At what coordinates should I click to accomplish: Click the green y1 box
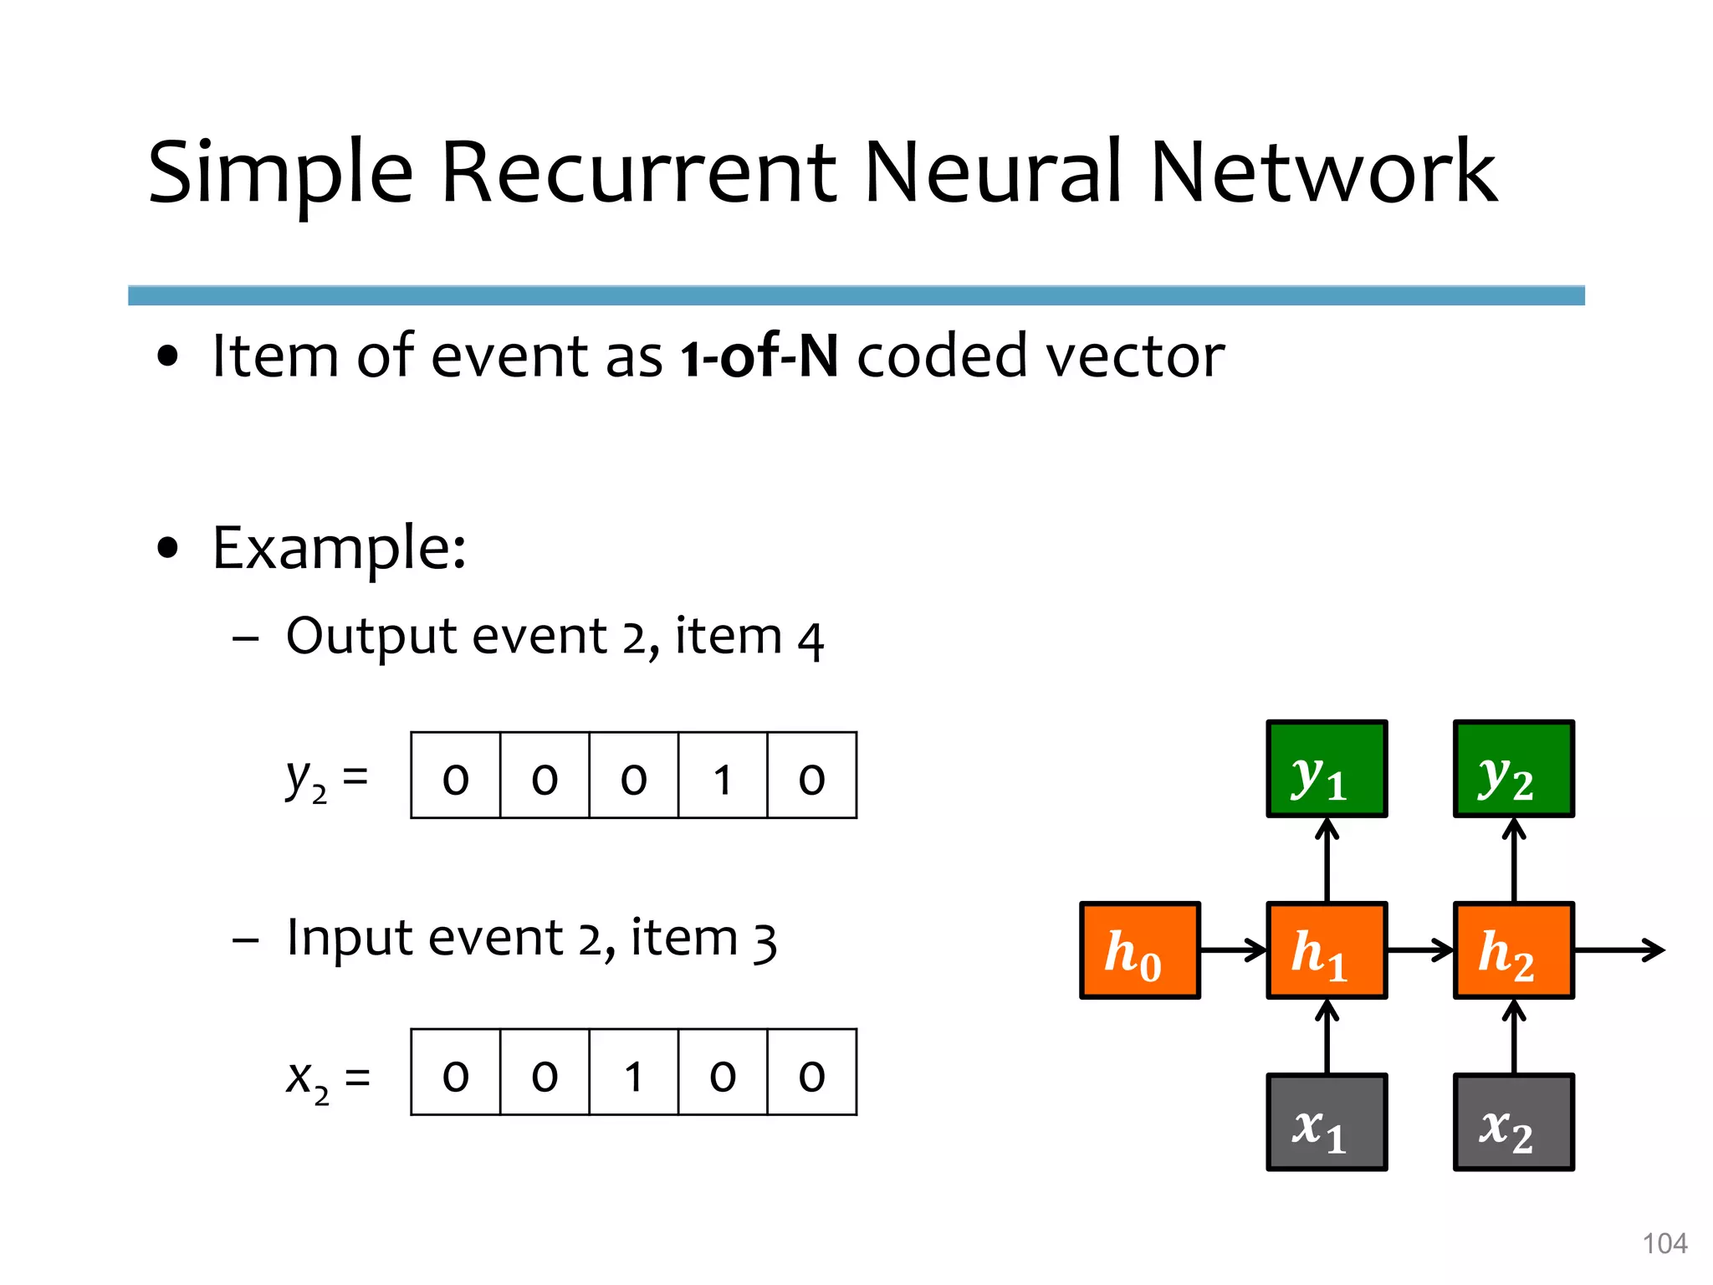coord(1327,768)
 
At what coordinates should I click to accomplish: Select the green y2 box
coord(1513,768)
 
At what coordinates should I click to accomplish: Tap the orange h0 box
coord(1140,950)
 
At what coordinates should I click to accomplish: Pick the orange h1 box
coord(1327,950)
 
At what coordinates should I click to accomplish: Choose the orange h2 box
coord(1513,950)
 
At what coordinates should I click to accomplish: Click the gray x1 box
coord(1327,1122)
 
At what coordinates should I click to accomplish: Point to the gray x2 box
coord(1513,1122)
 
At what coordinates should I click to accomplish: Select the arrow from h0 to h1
coord(1233,950)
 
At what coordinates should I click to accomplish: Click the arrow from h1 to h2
coord(1419,950)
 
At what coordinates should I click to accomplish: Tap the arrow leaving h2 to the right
coord(1618,950)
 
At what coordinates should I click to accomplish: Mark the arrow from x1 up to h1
coord(1327,1037)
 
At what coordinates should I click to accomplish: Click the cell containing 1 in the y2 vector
coord(723,776)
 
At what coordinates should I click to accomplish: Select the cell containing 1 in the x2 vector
coord(633,1073)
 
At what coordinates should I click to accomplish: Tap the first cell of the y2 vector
coord(456,776)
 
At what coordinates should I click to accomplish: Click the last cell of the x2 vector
coord(811,1073)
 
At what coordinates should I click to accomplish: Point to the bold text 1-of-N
coord(759,356)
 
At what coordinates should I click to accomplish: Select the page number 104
coord(1664,1243)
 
